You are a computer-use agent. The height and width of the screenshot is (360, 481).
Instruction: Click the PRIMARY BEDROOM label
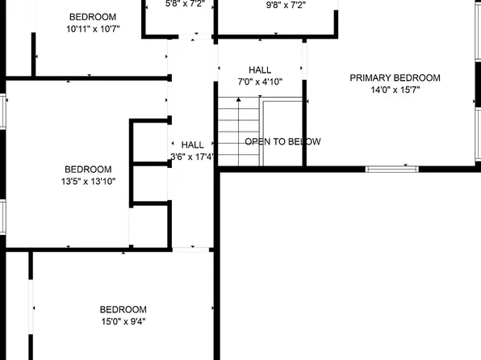pos(395,78)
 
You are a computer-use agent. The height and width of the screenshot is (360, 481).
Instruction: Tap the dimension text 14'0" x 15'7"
pos(395,90)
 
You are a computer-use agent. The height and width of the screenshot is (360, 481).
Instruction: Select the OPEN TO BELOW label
pos(282,142)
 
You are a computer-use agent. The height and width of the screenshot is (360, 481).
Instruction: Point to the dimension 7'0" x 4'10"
pos(260,82)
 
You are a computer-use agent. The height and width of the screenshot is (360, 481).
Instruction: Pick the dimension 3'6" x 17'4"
pos(191,157)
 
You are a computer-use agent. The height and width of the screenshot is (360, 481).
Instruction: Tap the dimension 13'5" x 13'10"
pos(88,182)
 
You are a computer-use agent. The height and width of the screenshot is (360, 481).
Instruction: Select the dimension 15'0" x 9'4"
pos(123,321)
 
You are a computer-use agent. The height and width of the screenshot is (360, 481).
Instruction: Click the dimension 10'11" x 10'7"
pos(92,30)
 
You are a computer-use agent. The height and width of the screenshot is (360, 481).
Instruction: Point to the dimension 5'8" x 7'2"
pos(186,4)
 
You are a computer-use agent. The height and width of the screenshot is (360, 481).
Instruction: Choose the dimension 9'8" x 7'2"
pos(286,4)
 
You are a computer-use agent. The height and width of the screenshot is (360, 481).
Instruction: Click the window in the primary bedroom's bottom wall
pos(391,169)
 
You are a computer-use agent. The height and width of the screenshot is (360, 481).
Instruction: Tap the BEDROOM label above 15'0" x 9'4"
pos(123,309)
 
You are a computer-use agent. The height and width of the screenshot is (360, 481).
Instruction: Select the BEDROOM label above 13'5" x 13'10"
pos(88,170)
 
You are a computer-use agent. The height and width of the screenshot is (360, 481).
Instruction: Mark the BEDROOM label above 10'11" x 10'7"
pos(92,17)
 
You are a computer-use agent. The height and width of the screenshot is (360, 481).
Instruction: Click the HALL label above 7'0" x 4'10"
pos(260,70)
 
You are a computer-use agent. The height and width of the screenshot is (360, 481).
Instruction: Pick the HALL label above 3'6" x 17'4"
pos(192,144)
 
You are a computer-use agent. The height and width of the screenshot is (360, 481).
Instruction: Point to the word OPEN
pos(258,142)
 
